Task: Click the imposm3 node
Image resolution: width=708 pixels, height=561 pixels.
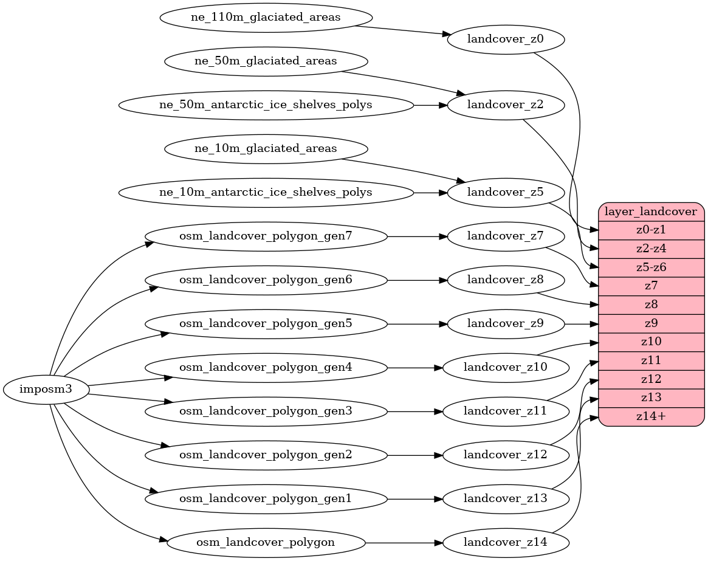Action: pyautogui.click(x=46, y=390)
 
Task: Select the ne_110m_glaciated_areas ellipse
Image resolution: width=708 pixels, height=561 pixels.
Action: pyautogui.click(x=266, y=17)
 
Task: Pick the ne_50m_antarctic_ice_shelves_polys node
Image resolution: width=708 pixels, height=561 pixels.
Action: pyautogui.click(x=266, y=105)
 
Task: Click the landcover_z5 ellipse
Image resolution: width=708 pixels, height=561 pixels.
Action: pyautogui.click(x=506, y=193)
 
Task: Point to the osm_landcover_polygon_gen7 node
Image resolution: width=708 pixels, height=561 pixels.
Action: pyautogui.click(x=266, y=236)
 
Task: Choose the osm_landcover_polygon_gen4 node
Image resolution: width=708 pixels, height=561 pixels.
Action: pyautogui.click(x=266, y=367)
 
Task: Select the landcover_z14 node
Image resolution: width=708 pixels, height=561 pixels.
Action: pyautogui.click(x=506, y=542)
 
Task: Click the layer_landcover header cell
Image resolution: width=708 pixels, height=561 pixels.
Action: pyautogui.click(x=651, y=212)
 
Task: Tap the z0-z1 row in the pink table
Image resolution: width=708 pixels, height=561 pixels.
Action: pyautogui.click(x=651, y=230)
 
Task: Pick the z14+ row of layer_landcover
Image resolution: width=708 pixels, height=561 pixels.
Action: pyautogui.click(x=651, y=416)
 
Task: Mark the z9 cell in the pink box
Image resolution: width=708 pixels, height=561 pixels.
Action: pyautogui.click(x=651, y=323)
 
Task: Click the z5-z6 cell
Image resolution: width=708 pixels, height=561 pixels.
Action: pyautogui.click(x=651, y=267)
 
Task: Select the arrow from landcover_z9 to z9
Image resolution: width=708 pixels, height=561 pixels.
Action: pyautogui.click(x=582, y=324)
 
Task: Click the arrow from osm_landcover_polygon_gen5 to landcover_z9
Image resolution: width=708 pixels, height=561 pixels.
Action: pyautogui.click(x=416, y=324)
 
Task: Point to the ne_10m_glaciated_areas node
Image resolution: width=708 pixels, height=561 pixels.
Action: pyautogui.click(x=266, y=148)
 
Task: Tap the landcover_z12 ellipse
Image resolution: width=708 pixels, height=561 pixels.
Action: pyautogui.click(x=506, y=455)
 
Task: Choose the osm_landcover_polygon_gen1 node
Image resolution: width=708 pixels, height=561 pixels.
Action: pyautogui.click(x=266, y=498)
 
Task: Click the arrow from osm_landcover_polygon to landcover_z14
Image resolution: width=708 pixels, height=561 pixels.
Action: pyautogui.click(x=404, y=542)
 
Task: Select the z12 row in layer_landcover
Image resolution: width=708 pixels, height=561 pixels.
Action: pyautogui.click(x=651, y=379)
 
